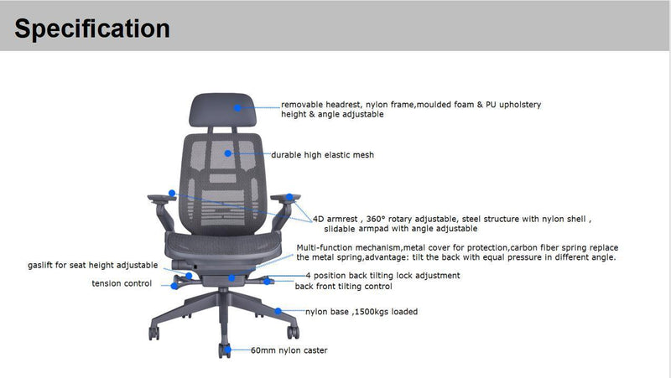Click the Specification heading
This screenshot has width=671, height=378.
[x=92, y=28]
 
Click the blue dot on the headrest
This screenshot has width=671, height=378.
[x=238, y=107]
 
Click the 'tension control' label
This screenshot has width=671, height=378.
[x=122, y=283]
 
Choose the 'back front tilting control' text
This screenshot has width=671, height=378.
[x=343, y=286]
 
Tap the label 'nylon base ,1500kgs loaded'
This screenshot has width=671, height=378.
[x=361, y=312]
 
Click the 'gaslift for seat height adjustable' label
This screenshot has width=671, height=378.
[x=92, y=265]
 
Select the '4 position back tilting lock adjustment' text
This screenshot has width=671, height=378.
[x=382, y=275]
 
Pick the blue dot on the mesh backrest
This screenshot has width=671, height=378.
[x=228, y=153]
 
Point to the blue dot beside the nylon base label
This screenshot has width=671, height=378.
[x=278, y=310]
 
